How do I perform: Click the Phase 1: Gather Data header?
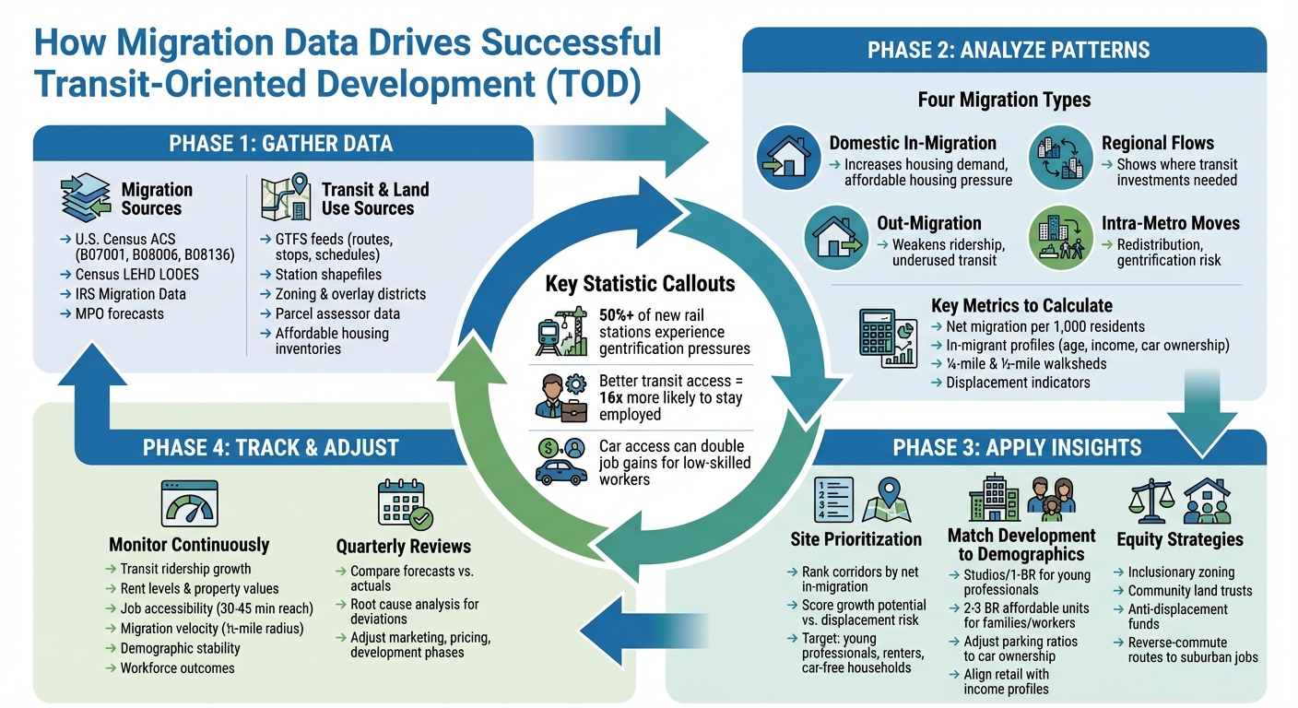(x=281, y=144)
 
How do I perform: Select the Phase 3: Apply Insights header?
(x=1017, y=448)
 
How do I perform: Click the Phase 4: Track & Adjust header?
(x=270, y=448)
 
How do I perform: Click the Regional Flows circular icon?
(x=1059, y=158)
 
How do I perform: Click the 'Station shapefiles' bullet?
(x=327, y=274)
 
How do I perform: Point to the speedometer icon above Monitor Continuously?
(x=188, y=502)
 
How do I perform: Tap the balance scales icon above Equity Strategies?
(x=1150, y=501)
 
